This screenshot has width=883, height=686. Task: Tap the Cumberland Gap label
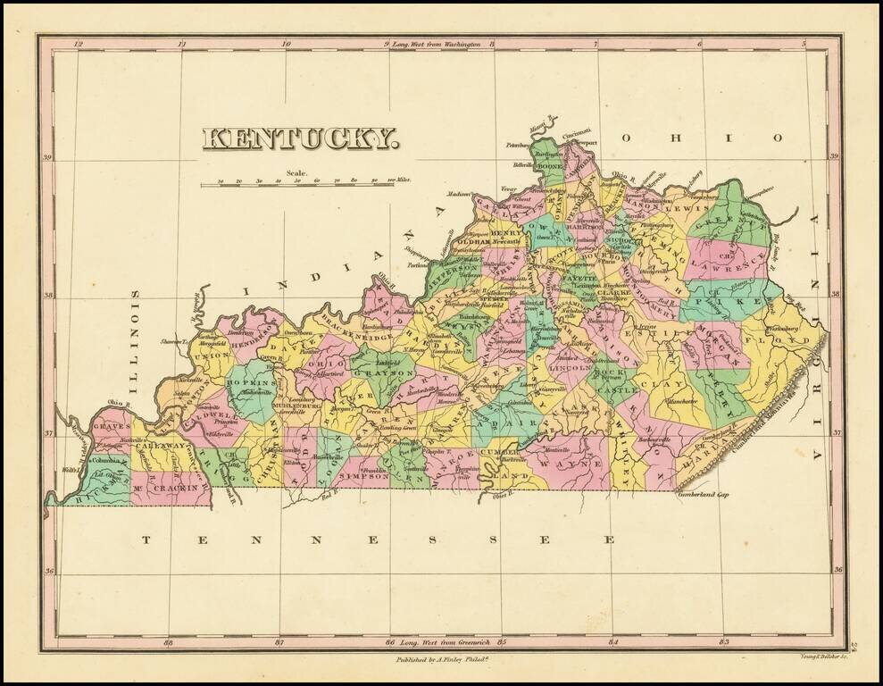click(704, 494)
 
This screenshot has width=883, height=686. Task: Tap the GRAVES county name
click(112, 427)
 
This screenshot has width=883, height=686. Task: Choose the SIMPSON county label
click(363, 477)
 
